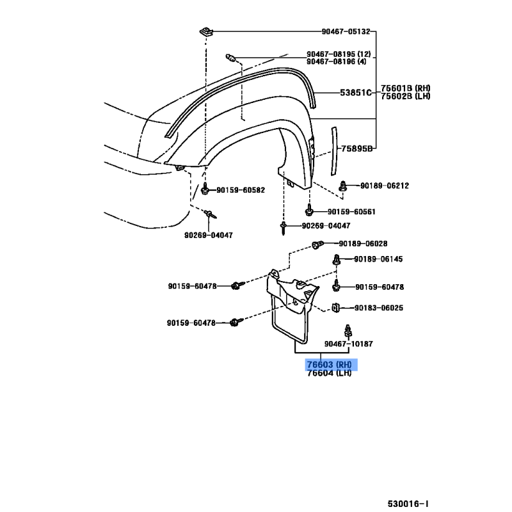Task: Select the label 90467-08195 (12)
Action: click(339, 54)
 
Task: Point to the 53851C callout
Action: click(355, 92)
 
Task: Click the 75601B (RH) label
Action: click(406, 88)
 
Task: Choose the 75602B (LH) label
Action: click(406, 96)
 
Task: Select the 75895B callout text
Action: click(356, 148)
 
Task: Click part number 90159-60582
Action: click(241, 190)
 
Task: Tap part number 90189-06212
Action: click(384, 186)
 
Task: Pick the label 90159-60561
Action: click(351, 212)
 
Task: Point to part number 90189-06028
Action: click(363, 243)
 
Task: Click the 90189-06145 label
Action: click(378, 259)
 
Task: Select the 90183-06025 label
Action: click(379, 308)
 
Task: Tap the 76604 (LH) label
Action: click(329, 373)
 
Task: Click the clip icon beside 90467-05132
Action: click(207, 31)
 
